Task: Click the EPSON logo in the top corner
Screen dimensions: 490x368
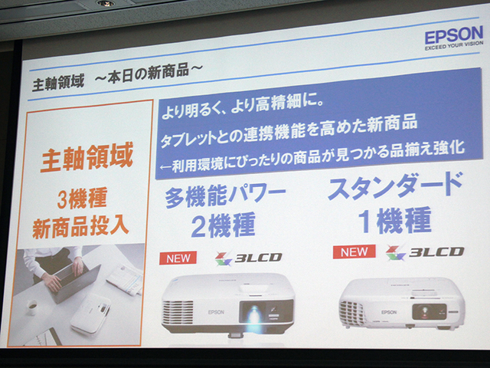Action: (x=454, y=35)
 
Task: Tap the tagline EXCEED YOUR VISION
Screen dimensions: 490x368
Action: (x=454, y=45)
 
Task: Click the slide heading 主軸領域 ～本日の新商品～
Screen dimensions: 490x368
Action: (x=117, y=77)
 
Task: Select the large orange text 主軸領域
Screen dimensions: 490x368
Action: (x=87, y=156)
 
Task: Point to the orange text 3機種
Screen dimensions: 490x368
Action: (x=82, y=198)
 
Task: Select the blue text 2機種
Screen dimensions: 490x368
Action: (x=224, y=225)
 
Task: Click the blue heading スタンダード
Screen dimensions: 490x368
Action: (x=395, y=186)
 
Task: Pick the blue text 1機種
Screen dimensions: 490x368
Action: (x=396, y=220)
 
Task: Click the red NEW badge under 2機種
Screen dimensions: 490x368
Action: (x=178, y=258)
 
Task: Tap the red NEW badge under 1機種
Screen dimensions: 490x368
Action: (x=354, y=251)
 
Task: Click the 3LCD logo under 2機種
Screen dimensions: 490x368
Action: (x=248, y=258)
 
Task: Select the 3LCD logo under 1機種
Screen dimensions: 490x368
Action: (x=425, y=252)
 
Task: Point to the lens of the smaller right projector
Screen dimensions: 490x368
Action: (x=425, y=310)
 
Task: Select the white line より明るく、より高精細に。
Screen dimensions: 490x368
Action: (x=243, y=108)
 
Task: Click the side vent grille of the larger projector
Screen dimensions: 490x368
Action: (x=178, y=312)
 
